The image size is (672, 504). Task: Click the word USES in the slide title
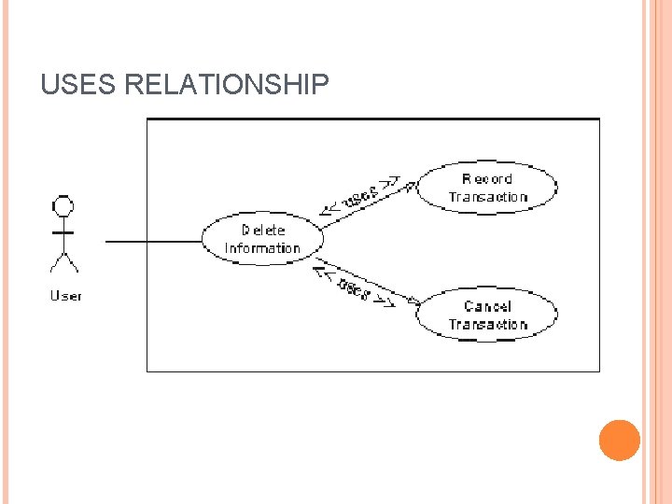click(x=78, y=86)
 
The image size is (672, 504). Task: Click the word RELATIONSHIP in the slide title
click(x=226, y=86)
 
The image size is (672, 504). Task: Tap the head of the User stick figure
click(x=63, y=205)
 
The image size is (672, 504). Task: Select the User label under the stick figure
click(x=65, y=296)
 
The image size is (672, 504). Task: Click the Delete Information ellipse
click(x=262, y=239)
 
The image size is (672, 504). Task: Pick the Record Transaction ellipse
click(x=487, y=187)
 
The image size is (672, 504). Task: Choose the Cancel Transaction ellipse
click(x=486, y=315)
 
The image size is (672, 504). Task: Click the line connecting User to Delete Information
click(x=154, y=241)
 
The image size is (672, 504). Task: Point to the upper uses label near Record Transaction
click(x=361, y=195)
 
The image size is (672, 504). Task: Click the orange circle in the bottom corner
click(x=619, y=441)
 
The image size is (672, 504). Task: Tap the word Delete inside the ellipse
click(x=263, y=230)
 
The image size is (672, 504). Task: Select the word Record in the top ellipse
click(x=487, y=178)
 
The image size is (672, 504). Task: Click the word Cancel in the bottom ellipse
click(x=487, y=306)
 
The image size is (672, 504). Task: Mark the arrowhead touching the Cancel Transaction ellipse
click(x=412, y=301)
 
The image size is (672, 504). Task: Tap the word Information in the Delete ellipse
click(x=262, y=248)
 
